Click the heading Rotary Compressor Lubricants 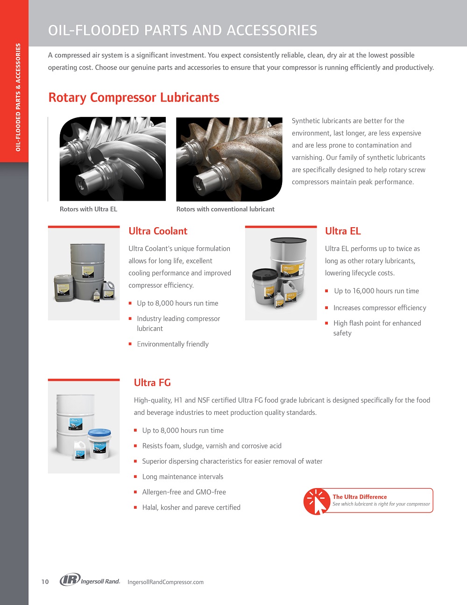[x=134, y=98]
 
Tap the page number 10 [x=45, y=582]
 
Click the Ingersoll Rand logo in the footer [x=90, y=580]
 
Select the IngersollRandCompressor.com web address [x=165, y=582]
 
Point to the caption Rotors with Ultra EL [x=88, y=209]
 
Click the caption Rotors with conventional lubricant [x=225, y=209]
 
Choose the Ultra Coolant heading [x=158, y=231]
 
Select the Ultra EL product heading [x=343, y=231]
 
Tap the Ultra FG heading [x=152, y=382]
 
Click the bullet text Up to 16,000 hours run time [x=376, y=291]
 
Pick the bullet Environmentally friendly [x=172, y=344]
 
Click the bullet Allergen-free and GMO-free [x=184, y=492]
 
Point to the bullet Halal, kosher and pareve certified [x=191, y=507]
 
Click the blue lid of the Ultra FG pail [x=99, y=432]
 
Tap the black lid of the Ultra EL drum [x=288, y=240]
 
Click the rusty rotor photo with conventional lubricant [x=229, y=159]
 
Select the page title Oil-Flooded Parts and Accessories [x=183, y=30]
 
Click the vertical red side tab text [x=18, y=97]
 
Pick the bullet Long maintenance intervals [x=183, y=476]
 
